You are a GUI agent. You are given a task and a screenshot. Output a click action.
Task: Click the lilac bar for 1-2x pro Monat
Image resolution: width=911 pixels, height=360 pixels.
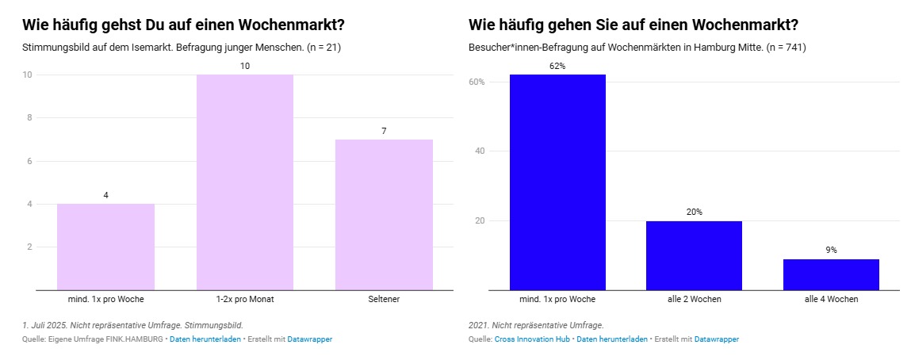245,182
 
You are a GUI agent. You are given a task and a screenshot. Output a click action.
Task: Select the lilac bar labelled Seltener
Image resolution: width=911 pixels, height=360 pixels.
384,214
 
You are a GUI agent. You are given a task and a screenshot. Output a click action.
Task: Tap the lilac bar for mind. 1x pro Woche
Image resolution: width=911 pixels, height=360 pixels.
105,247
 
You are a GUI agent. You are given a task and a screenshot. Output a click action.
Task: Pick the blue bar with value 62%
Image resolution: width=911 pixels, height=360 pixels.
557,182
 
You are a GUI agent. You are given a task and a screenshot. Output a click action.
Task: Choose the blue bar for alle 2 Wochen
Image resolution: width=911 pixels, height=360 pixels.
694,255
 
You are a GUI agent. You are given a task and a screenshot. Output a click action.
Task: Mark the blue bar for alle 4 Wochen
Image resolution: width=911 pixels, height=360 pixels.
831,274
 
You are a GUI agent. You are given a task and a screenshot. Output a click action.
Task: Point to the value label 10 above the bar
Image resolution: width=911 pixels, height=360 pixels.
245,66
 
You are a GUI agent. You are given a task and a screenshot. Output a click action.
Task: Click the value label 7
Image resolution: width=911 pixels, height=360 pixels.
384,131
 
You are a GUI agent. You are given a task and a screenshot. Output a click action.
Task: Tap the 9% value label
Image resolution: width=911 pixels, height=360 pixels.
831,250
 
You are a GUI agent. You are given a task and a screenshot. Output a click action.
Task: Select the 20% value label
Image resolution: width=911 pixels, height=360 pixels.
694,212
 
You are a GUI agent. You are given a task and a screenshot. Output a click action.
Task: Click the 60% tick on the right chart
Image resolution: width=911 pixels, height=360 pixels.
477,82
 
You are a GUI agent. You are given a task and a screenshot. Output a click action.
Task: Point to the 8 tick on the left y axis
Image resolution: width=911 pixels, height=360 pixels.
29,117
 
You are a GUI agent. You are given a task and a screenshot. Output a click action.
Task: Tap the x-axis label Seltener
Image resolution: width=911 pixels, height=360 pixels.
384,299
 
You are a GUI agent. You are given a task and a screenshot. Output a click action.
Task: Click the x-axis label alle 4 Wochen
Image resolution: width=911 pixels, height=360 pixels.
831,299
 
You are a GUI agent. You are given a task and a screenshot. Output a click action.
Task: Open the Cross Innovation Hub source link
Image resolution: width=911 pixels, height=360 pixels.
532,339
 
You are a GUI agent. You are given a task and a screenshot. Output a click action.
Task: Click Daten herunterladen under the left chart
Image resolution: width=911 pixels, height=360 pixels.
205,339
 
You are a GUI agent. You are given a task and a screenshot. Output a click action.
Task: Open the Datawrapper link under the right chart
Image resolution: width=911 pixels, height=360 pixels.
716,339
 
